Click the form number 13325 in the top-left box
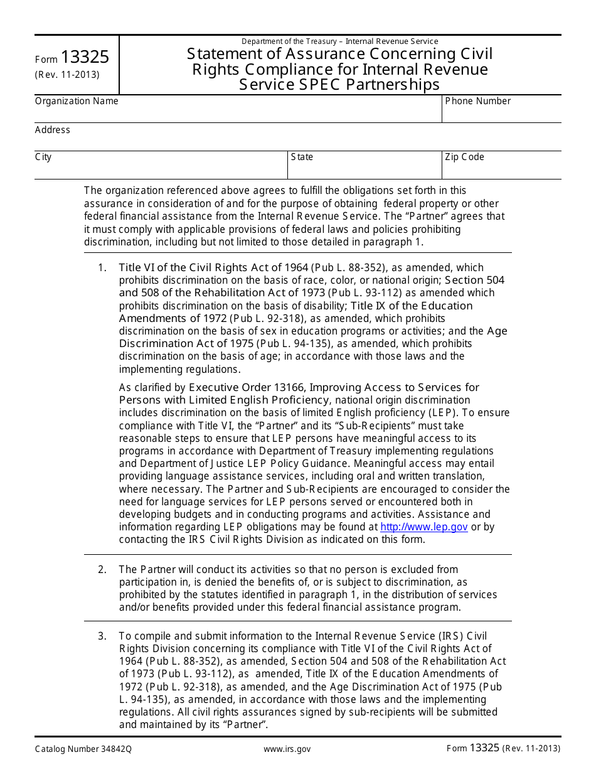[x=85, y=58]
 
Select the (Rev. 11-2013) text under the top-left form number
[x=67, y=74]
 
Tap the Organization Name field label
[x=77, y=101]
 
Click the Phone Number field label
[x=477, y=101]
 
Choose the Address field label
[x=53, y=130]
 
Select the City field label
[x=43, y=157]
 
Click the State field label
[x=302, y=157]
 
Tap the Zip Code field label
[x=464, y=157]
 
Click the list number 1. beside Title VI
[x=102, y=268]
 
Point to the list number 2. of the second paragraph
[x=102, y=569]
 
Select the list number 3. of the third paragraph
[x=102, y=636]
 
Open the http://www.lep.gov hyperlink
[x=424, y=527]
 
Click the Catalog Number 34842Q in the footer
[x=83, y=749]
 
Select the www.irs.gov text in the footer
[x=287, y=749]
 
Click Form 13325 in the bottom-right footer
[x=473, y=748]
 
